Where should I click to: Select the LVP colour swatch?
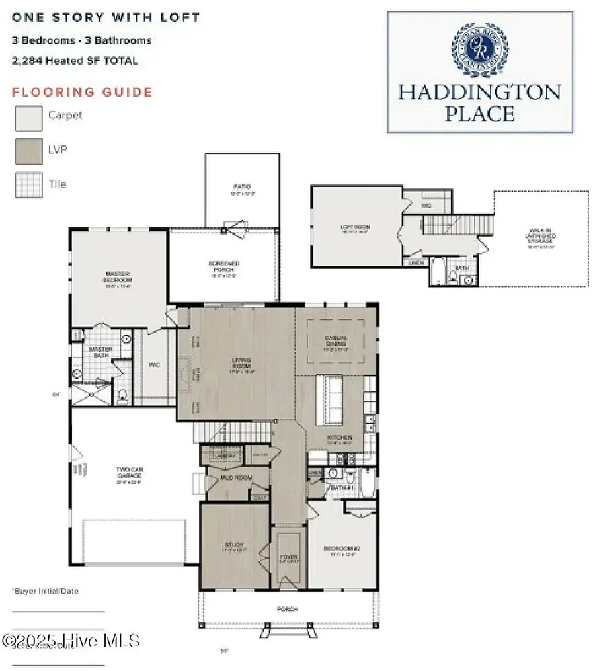click(28, 152)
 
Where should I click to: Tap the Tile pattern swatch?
click(28, 185)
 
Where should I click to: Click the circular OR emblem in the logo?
click(479, 50)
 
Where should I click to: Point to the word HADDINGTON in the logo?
click(479, 91)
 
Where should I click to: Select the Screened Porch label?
click(224, 267)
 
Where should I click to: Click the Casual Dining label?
click(336, 341)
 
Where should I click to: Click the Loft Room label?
click(356, 227)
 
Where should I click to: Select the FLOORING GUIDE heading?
click(82, 93)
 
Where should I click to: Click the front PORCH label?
click(288, 609)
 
